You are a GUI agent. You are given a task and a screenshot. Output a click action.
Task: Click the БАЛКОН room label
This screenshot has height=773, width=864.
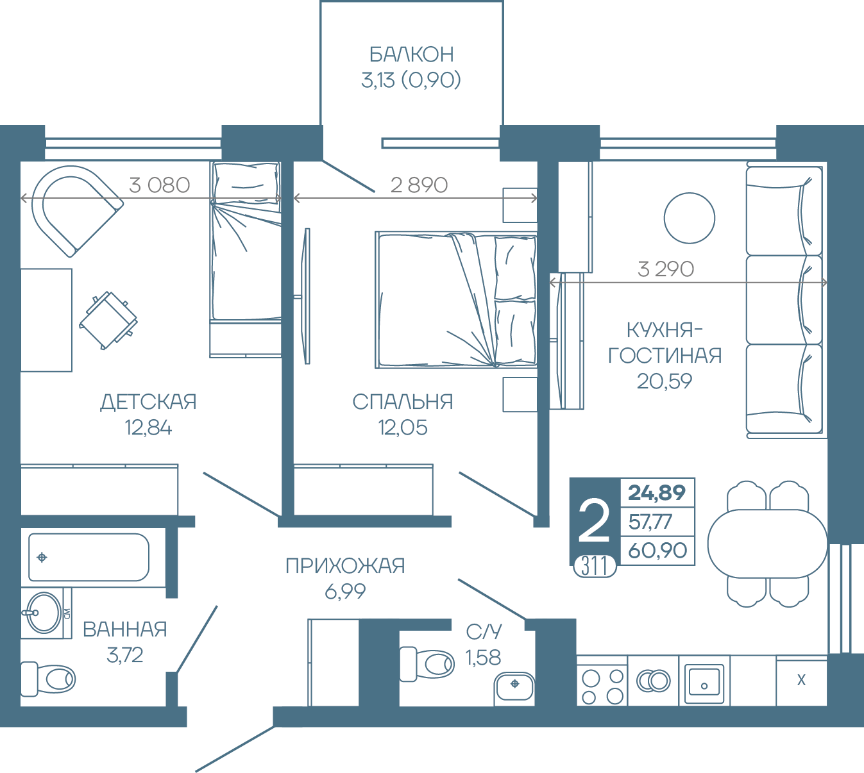[x=411, y=54]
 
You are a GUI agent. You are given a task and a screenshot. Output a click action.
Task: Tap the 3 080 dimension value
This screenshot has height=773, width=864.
[x=160, y=185]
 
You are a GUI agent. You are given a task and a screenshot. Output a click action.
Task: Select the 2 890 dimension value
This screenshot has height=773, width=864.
[x=419, y=185]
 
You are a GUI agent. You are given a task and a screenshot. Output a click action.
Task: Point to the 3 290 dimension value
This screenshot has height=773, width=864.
[x=666, y=269]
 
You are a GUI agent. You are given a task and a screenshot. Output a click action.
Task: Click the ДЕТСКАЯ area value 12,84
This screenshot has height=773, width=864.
[x=148, y=428]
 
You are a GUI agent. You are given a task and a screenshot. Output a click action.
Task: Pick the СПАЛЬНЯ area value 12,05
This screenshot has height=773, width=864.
[x=403, y=428]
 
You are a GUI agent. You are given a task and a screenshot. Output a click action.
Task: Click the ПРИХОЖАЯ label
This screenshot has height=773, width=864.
[x=345, y=566]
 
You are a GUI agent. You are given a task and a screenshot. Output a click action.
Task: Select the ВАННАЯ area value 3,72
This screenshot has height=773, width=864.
[x=124, y=655]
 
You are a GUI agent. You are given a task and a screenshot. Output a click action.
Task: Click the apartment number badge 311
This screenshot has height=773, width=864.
[x=595, y=567]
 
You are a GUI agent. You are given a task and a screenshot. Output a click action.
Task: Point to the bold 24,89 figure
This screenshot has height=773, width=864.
[x=657, y=493]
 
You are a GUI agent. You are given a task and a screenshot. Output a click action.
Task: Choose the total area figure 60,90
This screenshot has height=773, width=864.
[x=657, y=550]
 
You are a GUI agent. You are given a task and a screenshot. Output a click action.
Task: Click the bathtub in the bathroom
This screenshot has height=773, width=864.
[x=89, y=558]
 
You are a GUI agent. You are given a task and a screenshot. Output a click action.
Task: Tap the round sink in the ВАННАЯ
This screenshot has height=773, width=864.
[x=44, y=613]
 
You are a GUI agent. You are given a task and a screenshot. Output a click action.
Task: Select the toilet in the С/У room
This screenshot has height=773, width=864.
[x=427, y=664]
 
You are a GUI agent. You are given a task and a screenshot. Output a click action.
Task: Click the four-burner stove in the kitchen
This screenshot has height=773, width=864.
[x=602, y=686]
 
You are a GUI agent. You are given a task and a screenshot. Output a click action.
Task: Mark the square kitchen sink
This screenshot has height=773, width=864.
[x=704, y=683]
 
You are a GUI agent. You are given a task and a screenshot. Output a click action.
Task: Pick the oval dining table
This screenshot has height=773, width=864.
[x=768, y=544]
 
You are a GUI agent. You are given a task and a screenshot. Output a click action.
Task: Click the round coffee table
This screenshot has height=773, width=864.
[x=689, y=218]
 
